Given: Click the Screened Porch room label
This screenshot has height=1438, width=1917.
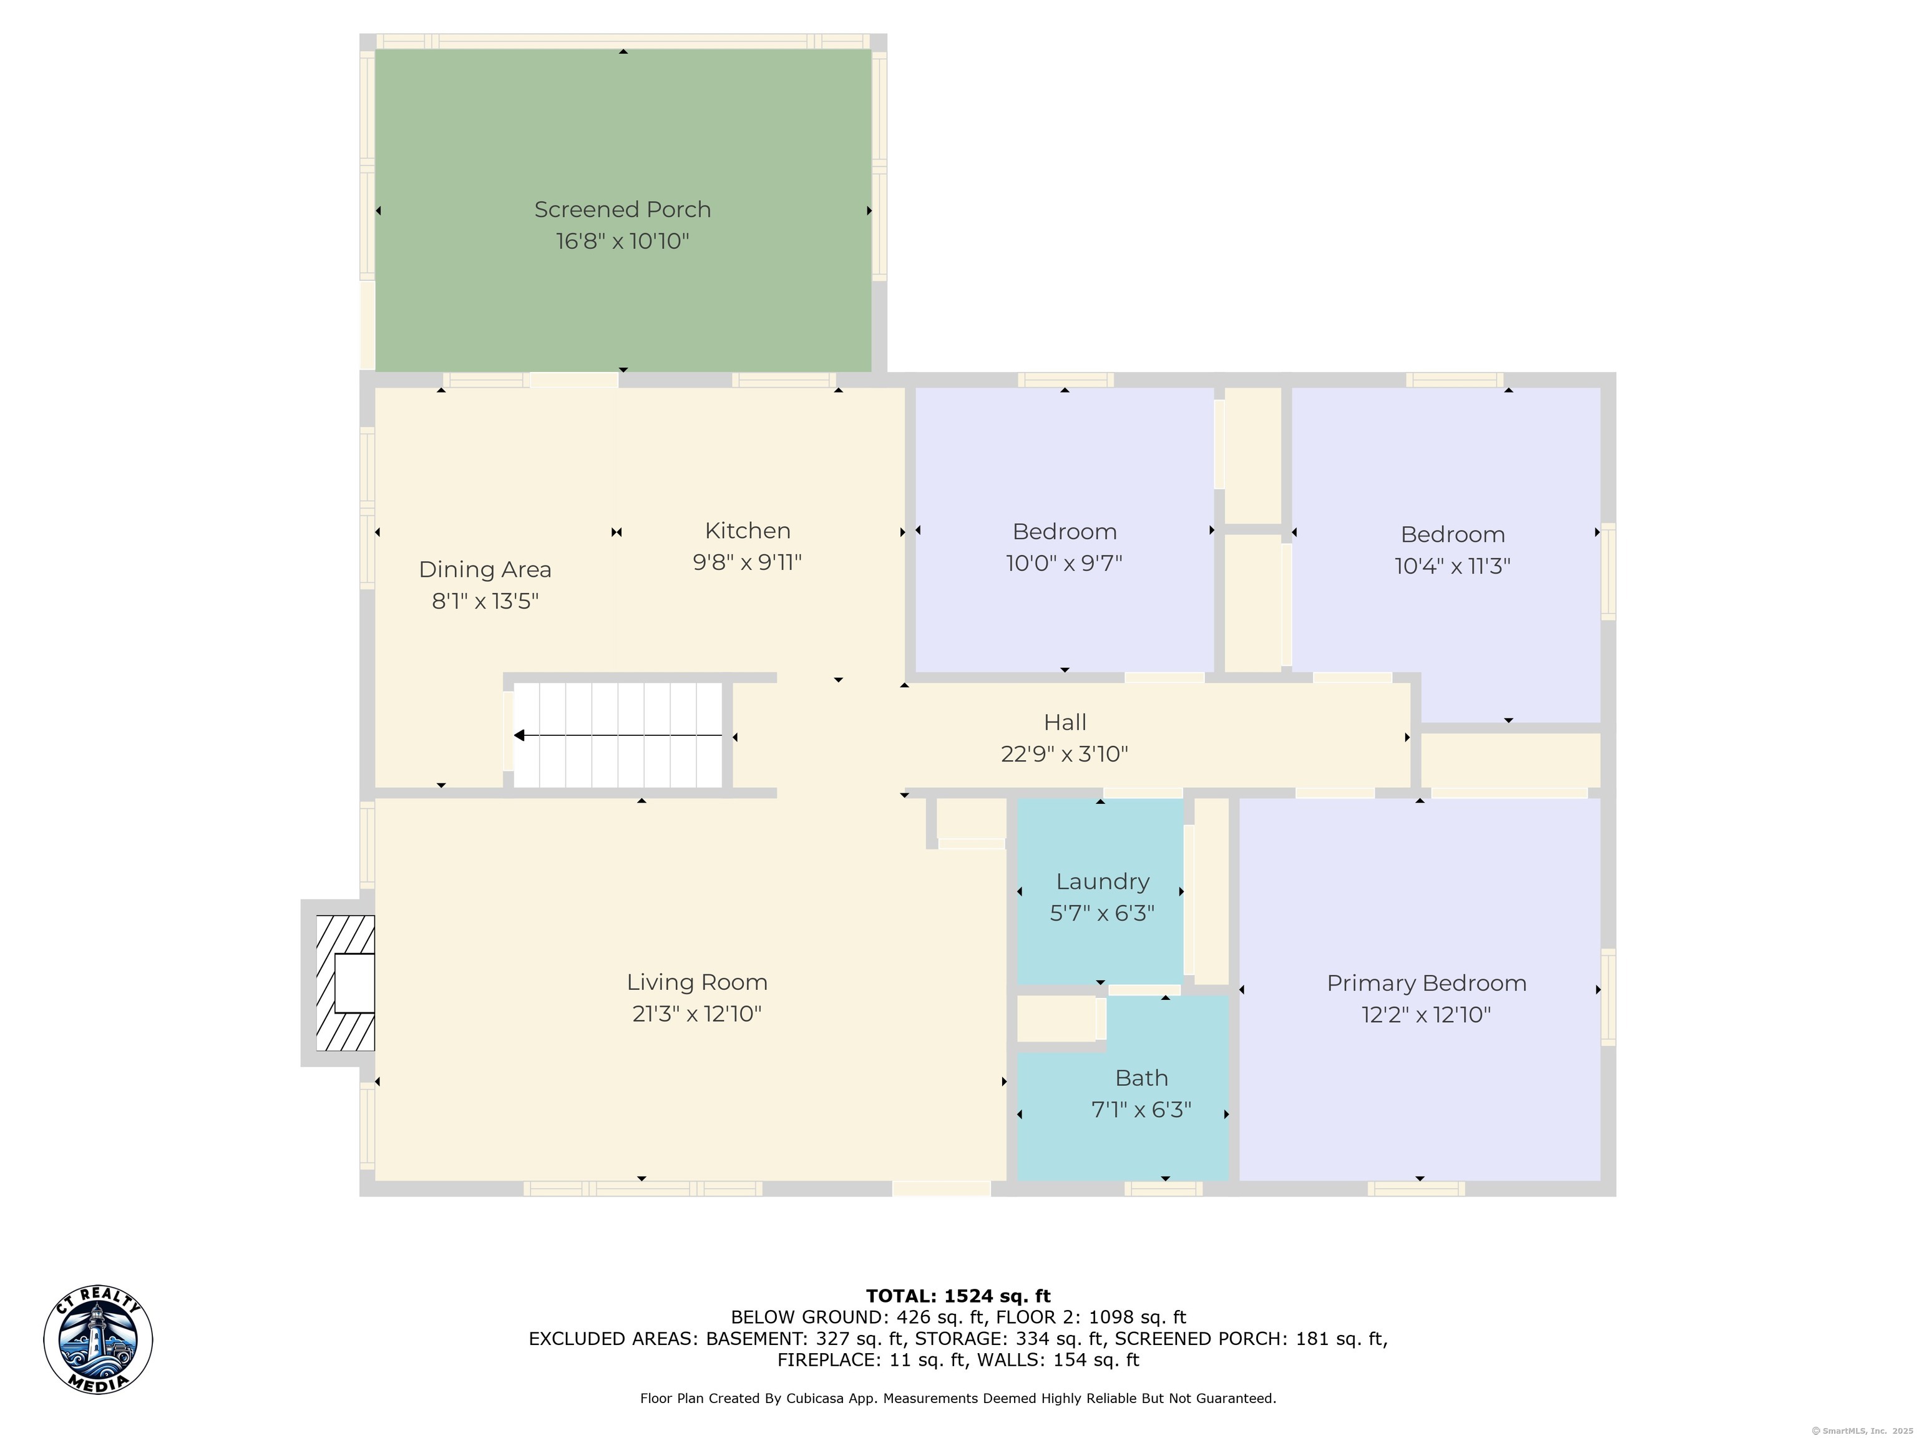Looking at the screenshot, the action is (622, 210).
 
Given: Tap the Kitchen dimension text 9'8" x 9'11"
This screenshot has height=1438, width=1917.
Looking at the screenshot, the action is (747, 562).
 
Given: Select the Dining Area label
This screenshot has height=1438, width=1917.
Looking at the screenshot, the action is (484, 569).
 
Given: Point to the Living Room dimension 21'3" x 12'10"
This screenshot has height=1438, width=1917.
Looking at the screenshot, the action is (697, 1013).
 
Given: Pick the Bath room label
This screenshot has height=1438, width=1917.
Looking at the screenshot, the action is (1141, 1078).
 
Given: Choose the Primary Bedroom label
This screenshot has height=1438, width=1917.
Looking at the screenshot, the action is (1427, 984).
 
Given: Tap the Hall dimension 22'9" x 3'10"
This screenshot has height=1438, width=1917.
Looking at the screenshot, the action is (1064, 754).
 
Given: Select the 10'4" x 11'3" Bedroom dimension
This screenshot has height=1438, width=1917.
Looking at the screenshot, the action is (1453, 566).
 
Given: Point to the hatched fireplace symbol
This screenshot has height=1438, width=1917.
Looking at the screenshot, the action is (345, 983).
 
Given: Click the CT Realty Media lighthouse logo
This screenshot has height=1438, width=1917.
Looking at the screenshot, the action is (98, 1340).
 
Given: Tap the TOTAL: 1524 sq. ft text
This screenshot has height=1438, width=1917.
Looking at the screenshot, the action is (958, 1296).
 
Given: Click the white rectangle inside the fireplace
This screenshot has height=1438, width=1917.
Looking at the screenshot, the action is (354, 983).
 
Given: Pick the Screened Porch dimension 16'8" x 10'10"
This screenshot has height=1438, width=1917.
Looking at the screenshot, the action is (622, 241).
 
